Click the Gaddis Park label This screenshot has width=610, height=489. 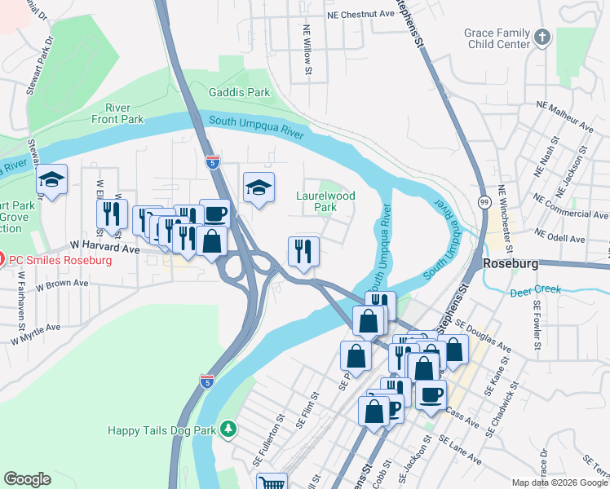(x=239, y=93)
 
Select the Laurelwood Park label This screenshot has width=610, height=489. (x=325, y=201)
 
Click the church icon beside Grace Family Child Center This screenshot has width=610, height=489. (x=542, y=37)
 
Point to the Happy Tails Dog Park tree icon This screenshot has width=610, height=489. (x=230, y=429)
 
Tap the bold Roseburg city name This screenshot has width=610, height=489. (x=512, y=264)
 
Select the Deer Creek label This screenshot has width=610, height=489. (x=536, y=291)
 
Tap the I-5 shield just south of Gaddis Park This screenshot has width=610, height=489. (x=212, y=162)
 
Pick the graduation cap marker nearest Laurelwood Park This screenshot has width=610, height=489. (x=259, y=188)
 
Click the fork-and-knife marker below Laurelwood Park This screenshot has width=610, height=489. (x=303, y=252)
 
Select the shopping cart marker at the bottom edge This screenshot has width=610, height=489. (x=272, y=483)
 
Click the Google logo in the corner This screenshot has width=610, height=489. (x=27, y=479)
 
